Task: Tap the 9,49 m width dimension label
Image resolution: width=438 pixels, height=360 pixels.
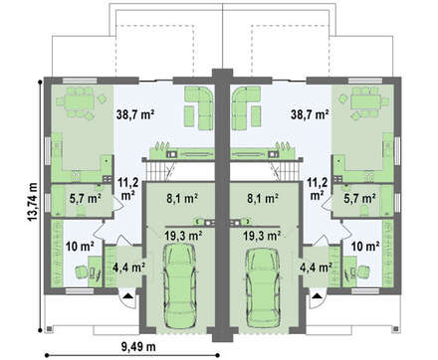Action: coord(138,346)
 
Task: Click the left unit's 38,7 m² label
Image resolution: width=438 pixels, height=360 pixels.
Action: coord(135,114)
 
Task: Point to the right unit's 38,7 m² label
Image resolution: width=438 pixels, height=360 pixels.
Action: coord(310,114)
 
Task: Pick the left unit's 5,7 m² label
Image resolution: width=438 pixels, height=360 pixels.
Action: coord(86,199)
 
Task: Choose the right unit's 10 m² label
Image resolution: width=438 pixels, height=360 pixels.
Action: coord(365,247)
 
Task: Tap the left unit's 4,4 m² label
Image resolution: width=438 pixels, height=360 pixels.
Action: coord(128,268)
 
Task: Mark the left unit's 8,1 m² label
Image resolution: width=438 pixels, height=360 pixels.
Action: coord(182,199)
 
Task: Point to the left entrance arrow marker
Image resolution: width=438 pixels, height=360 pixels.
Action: coord(128,296)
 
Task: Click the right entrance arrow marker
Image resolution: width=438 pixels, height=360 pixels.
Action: coord(318,295)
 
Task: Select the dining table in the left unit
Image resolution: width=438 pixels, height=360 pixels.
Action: coord(79,100)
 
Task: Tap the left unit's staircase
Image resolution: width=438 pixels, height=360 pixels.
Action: coord(159,170)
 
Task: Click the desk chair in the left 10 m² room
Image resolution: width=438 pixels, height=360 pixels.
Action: coord(81,271)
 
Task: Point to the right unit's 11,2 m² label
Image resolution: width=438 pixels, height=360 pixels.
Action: coord(318,189)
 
